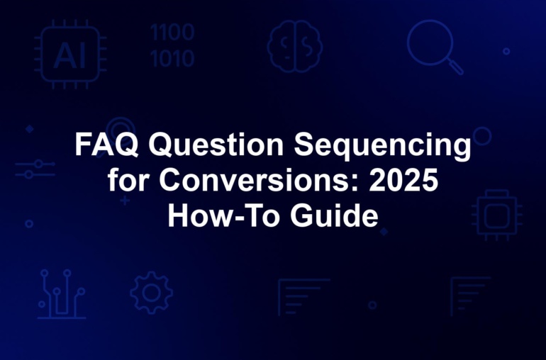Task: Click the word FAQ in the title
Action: point(106,144)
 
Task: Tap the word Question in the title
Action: point(216,144)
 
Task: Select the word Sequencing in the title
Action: point(382,145)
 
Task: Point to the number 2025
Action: point(403,180)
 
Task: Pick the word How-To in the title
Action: point(223,215)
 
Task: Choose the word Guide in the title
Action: point(334,215)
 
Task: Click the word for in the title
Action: point(128,180)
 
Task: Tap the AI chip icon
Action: point(70,55)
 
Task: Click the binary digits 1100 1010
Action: point(172,45)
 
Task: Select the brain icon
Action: point(294,46)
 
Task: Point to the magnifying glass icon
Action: point(435,47)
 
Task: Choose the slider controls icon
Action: point(35,169)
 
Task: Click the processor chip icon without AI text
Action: point(497,215)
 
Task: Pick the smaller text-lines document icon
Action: point(470,296)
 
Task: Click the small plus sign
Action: point(125,201)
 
